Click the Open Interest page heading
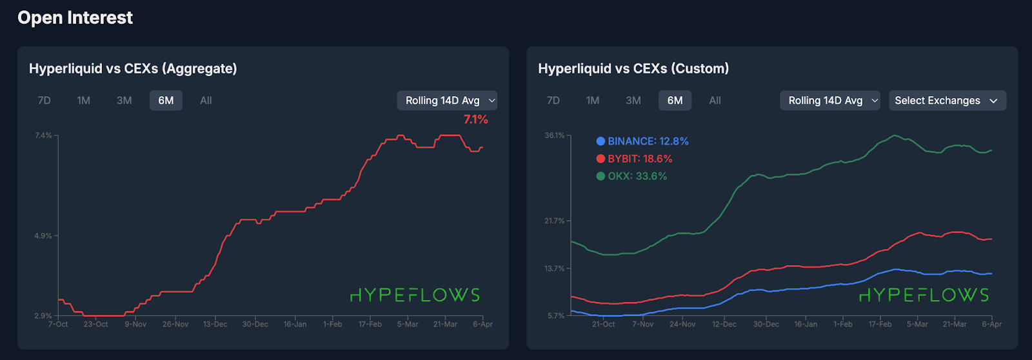pyautogui.click(x=75, y=18)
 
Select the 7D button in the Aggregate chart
pyautogui.click(x=44, y=101)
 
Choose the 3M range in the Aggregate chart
pyautogui.click(x=124, y=101)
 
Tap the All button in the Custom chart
pyautogui.click(x=715, y=101)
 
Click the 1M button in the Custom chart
pyautogui.click(x=593, y=101)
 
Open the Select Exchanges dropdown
pyautogui.click(x=947, y=101)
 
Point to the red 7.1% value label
pyautogui.click(x=475, y=120)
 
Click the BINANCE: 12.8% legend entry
pyautogui.click(x=642, y=141)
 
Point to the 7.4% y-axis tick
pyautogui.click(x=43, y=135)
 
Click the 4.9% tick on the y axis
pyautogui.click(x=43, y=236)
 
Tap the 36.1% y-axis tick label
pyautogui.click(x=554, y=135)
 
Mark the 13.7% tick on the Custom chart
pyautogui.click(x=554, y=268)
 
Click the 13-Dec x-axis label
pyautogui.click(x=215, y=325)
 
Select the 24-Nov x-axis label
pyautogui.click(x=682, y=325)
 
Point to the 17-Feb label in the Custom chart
pyautogui.click(x=880, y=325)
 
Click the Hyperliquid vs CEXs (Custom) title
pyautogui.click(x=633, y=68)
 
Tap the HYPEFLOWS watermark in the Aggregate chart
pyautogui.click(x=415, y=295)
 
